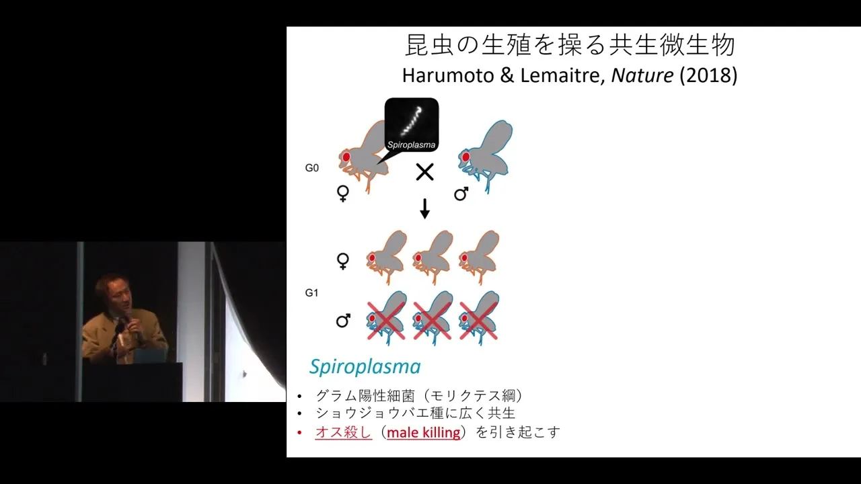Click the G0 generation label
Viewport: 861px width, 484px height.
(311, 168)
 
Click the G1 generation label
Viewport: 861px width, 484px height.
(311, 293)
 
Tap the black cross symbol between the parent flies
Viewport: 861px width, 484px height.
(424, 171)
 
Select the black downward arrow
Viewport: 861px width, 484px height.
(424, 208)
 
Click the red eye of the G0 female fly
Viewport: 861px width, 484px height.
(346, 157)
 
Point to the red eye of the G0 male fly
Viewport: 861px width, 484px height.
(465, 157)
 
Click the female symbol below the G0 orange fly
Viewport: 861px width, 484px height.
(343, 194)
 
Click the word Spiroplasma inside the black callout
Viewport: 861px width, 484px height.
(411, 145)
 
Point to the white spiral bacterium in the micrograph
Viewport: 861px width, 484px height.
(412, 120)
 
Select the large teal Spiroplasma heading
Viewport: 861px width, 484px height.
(365, 366)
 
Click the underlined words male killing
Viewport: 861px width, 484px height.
(423, 432)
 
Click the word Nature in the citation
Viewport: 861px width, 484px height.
(642, 75)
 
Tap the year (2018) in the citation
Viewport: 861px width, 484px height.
(708, 75)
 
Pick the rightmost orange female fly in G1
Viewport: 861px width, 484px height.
(479, 257)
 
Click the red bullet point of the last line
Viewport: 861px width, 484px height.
(300, 433)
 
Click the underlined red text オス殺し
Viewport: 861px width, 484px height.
(343, 432)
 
